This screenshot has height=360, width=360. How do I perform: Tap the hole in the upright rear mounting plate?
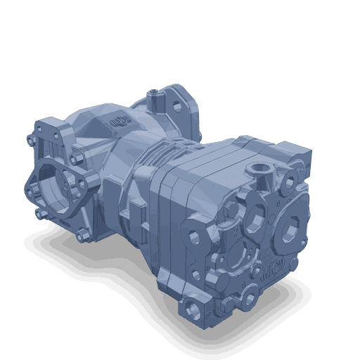(171, 103)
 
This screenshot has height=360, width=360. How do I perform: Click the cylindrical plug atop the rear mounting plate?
(153, 92)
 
